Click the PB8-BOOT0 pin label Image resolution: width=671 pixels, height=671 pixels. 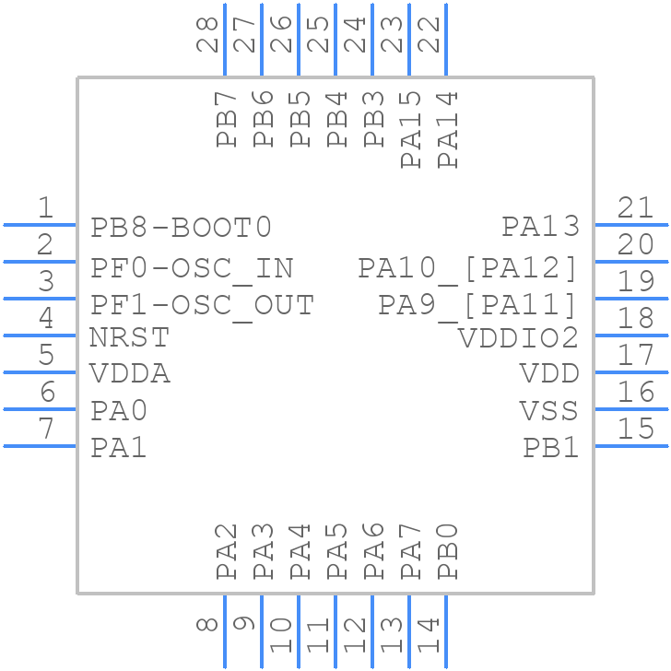tap(182, 227)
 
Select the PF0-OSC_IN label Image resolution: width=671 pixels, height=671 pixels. tap(192, 268)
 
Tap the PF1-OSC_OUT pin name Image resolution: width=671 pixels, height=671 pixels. tap(203, 304)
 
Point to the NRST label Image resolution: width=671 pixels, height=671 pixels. tap(129, 338)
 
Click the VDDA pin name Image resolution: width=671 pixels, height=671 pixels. tap(130, 374)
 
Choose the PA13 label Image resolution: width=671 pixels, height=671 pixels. tap(540, 227)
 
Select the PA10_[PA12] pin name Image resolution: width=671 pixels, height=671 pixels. tap(468, 268)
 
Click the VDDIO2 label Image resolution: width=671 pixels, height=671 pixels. tap(519, 338)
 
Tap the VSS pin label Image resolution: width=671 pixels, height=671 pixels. tap(549, 410)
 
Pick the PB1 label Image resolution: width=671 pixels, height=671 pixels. tap(551, 448)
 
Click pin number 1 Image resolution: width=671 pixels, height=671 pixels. tap(44, 208)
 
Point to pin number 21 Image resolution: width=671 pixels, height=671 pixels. tap(636, 208)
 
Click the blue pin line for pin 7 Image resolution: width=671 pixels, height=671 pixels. tap(40, 446)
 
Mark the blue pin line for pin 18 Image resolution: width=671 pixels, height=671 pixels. tap(631, 335)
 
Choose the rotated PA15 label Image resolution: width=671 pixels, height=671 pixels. tap(411, 130)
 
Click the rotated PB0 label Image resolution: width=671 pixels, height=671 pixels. tap(448, 551)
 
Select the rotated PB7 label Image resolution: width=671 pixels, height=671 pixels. tap(227, 119)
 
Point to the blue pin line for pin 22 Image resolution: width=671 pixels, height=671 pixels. tap(446, 40)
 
